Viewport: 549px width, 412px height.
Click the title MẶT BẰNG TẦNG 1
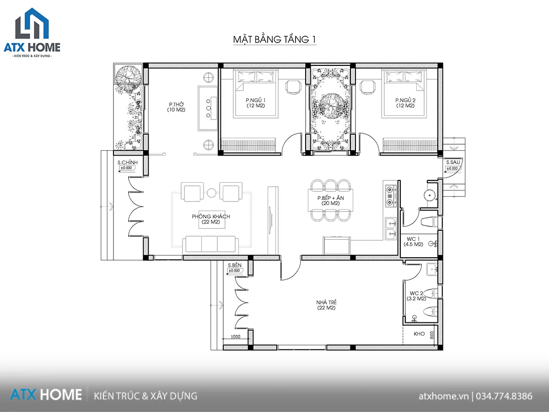(274, 39)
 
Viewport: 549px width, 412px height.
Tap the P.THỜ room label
(176, 104)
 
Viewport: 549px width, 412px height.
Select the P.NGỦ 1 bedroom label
(256, 100)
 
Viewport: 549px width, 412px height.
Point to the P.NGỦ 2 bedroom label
(405, 100)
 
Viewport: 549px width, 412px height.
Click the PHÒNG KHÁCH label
(211, 217)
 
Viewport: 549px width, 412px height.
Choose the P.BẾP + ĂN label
(331, 198)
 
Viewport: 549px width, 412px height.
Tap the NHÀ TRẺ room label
(326, 302)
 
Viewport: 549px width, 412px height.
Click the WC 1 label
(413, 239)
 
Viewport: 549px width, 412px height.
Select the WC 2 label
(416, 293)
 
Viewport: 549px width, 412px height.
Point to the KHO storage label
(419, 334)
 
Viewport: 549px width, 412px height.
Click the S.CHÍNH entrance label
(128, 163)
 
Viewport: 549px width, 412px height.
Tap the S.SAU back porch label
(453, 163)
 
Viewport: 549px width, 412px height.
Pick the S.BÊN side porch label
(235, 265)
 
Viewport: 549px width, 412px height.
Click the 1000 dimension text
(235, 337)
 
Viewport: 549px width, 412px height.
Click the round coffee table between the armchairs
(212, 193)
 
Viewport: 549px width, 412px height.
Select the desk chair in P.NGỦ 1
(293, 87)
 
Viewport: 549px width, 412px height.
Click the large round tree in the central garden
(331, 106)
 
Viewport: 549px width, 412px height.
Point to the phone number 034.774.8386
(504, 396)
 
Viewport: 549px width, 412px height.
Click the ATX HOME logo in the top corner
(32, 33)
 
